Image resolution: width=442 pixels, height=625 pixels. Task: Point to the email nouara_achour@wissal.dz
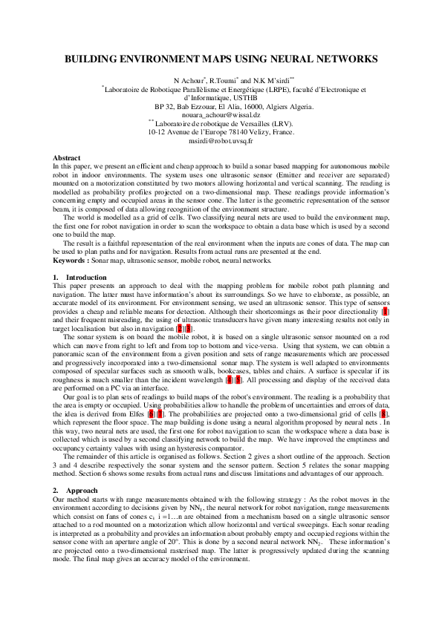pyautogui.click(x=221, y=115)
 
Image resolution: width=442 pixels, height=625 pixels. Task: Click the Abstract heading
pyautogui.click(x=67, y=158)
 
